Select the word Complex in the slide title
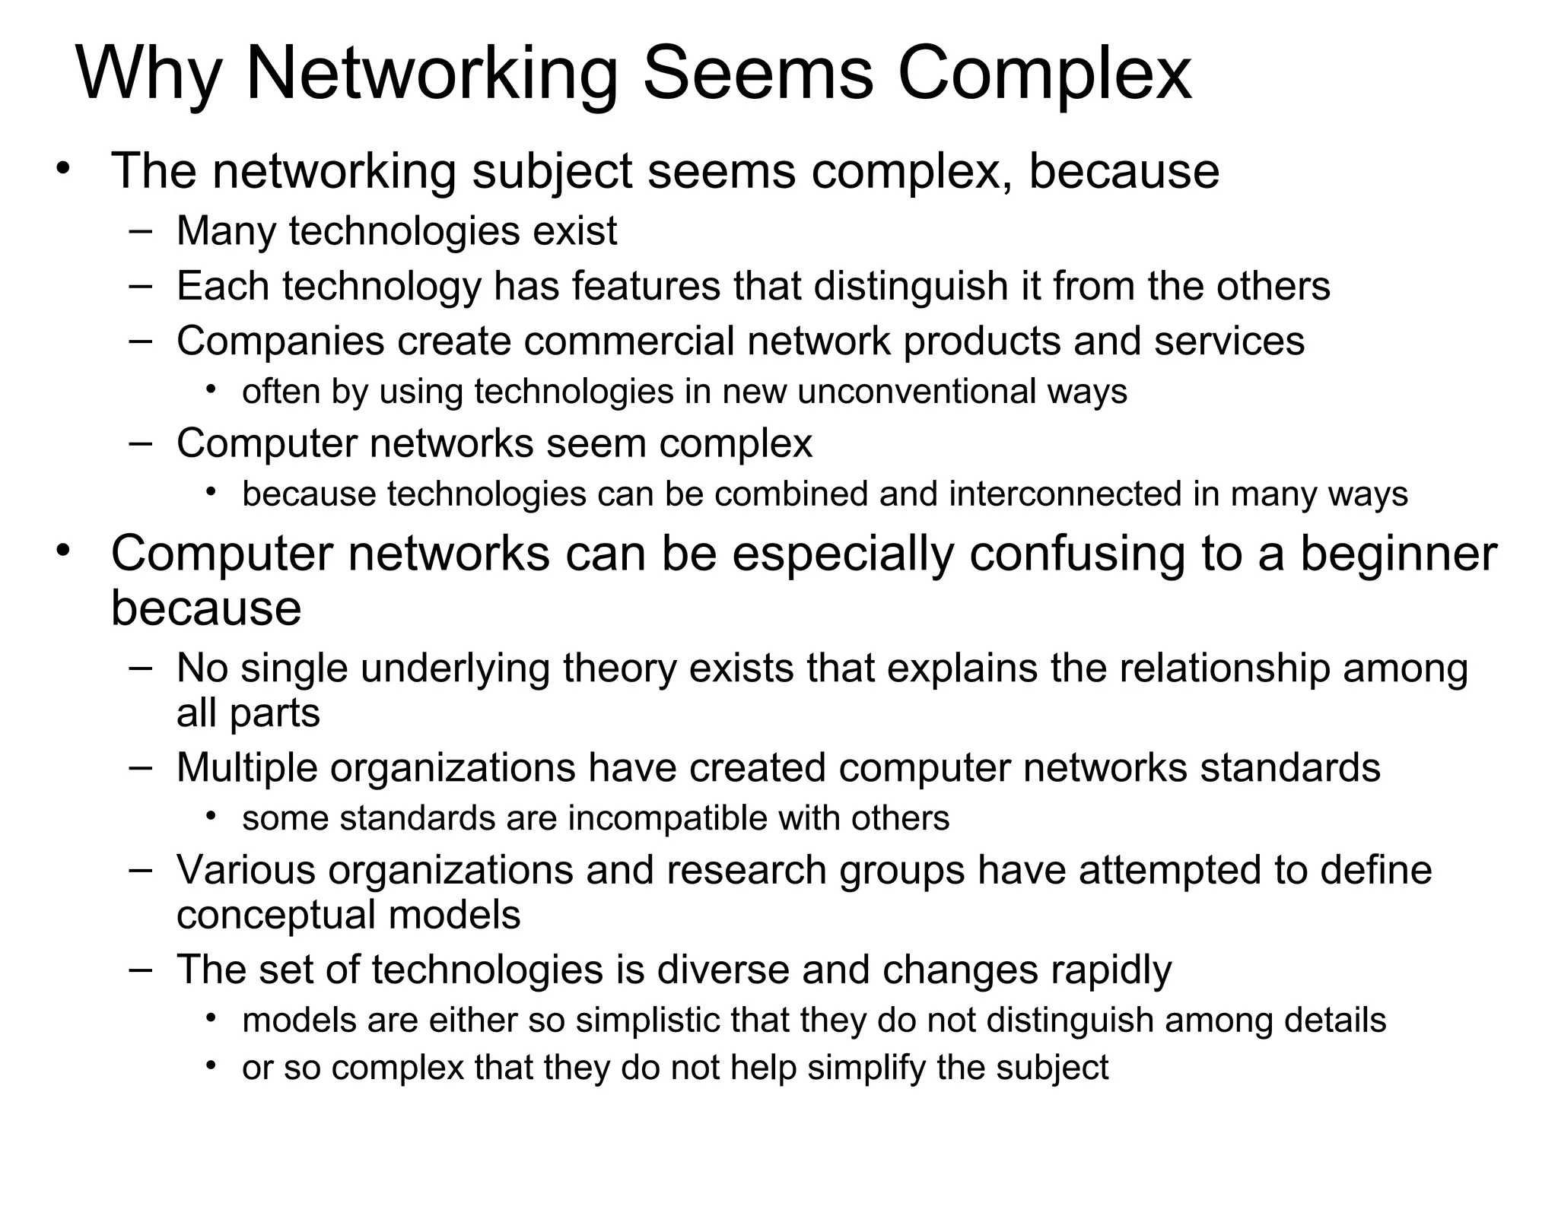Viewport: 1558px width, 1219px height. (1044, 74)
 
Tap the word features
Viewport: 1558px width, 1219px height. (646, 287)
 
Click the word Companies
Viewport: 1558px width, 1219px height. (281, 341)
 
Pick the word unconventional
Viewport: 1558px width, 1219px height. (916, 392)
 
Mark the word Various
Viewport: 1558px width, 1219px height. (246, 869)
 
